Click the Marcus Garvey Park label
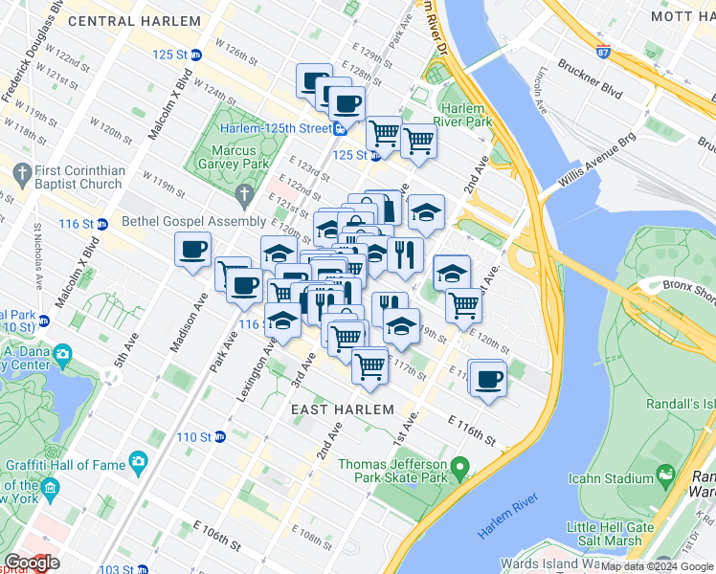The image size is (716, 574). click(x=235, y=159)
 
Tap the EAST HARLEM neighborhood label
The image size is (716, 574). click(x=342, y=408)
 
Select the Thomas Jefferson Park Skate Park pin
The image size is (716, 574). click(x=460, y=470)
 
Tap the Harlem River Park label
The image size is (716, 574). click(x=459, y=115)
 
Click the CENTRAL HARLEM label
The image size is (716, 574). click(x=120, y=20)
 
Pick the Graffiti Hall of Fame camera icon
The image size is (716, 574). click(x=139, y=463)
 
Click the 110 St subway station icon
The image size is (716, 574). click(x=220, y=437)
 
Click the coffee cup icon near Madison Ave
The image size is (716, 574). click(x=192, y=251)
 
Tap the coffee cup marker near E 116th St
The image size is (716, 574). click(x=488, y=378)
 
